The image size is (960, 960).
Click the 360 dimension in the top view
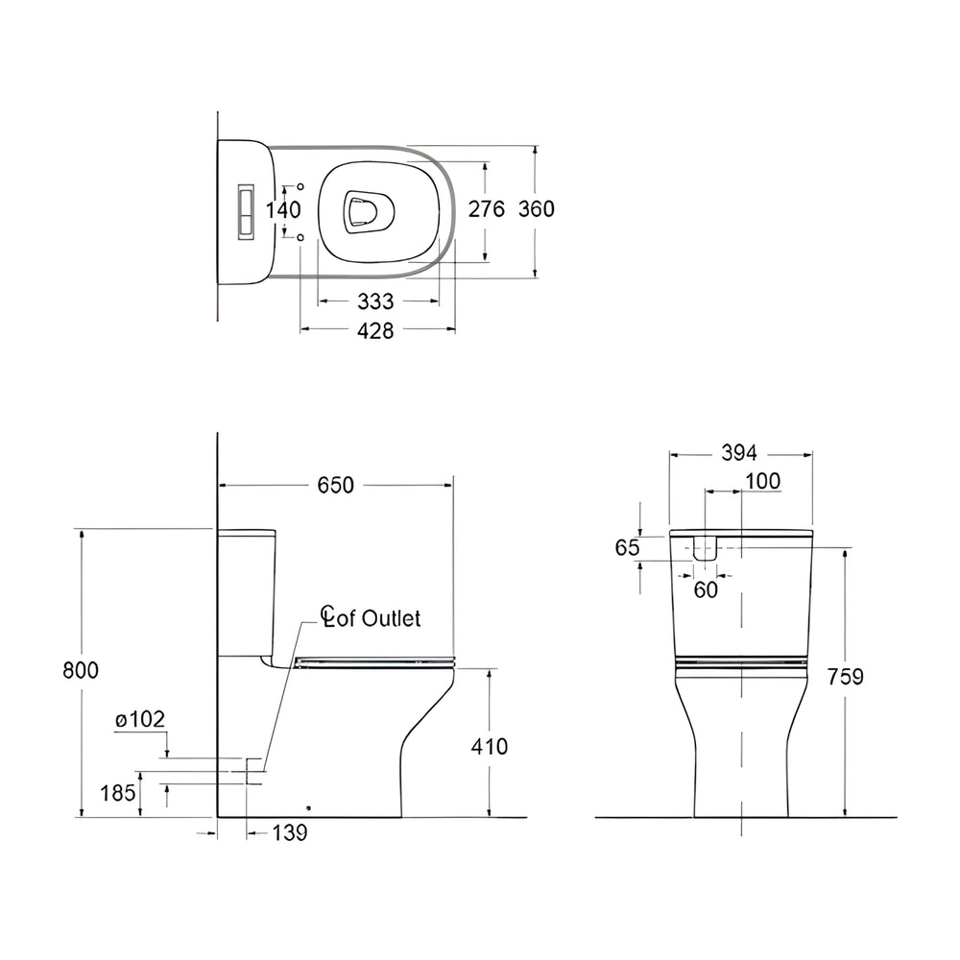pos(536,209)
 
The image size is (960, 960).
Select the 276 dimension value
pos(486,209)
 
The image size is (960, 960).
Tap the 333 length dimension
pos(375,301)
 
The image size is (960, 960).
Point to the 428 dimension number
pos(375,330)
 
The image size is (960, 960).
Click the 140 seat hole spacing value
pos(283,209)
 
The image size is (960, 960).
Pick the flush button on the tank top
pos(246,209)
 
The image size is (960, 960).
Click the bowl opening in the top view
pos(370,209)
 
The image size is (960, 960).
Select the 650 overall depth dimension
pos(336,486)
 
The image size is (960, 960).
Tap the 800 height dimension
pos(82,670)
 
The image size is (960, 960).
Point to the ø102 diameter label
pos(139,718)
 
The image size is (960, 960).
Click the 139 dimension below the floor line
pos(289,833)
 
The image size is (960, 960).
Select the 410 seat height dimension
pos(490,746)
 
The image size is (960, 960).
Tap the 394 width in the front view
pos(740,453)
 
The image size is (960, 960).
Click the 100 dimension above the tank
pos(762,482)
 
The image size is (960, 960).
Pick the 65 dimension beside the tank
pos(627,547)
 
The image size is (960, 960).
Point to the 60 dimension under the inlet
pos(706,590)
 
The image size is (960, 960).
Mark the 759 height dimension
pos(846,677)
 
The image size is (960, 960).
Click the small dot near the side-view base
pos(309,805)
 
